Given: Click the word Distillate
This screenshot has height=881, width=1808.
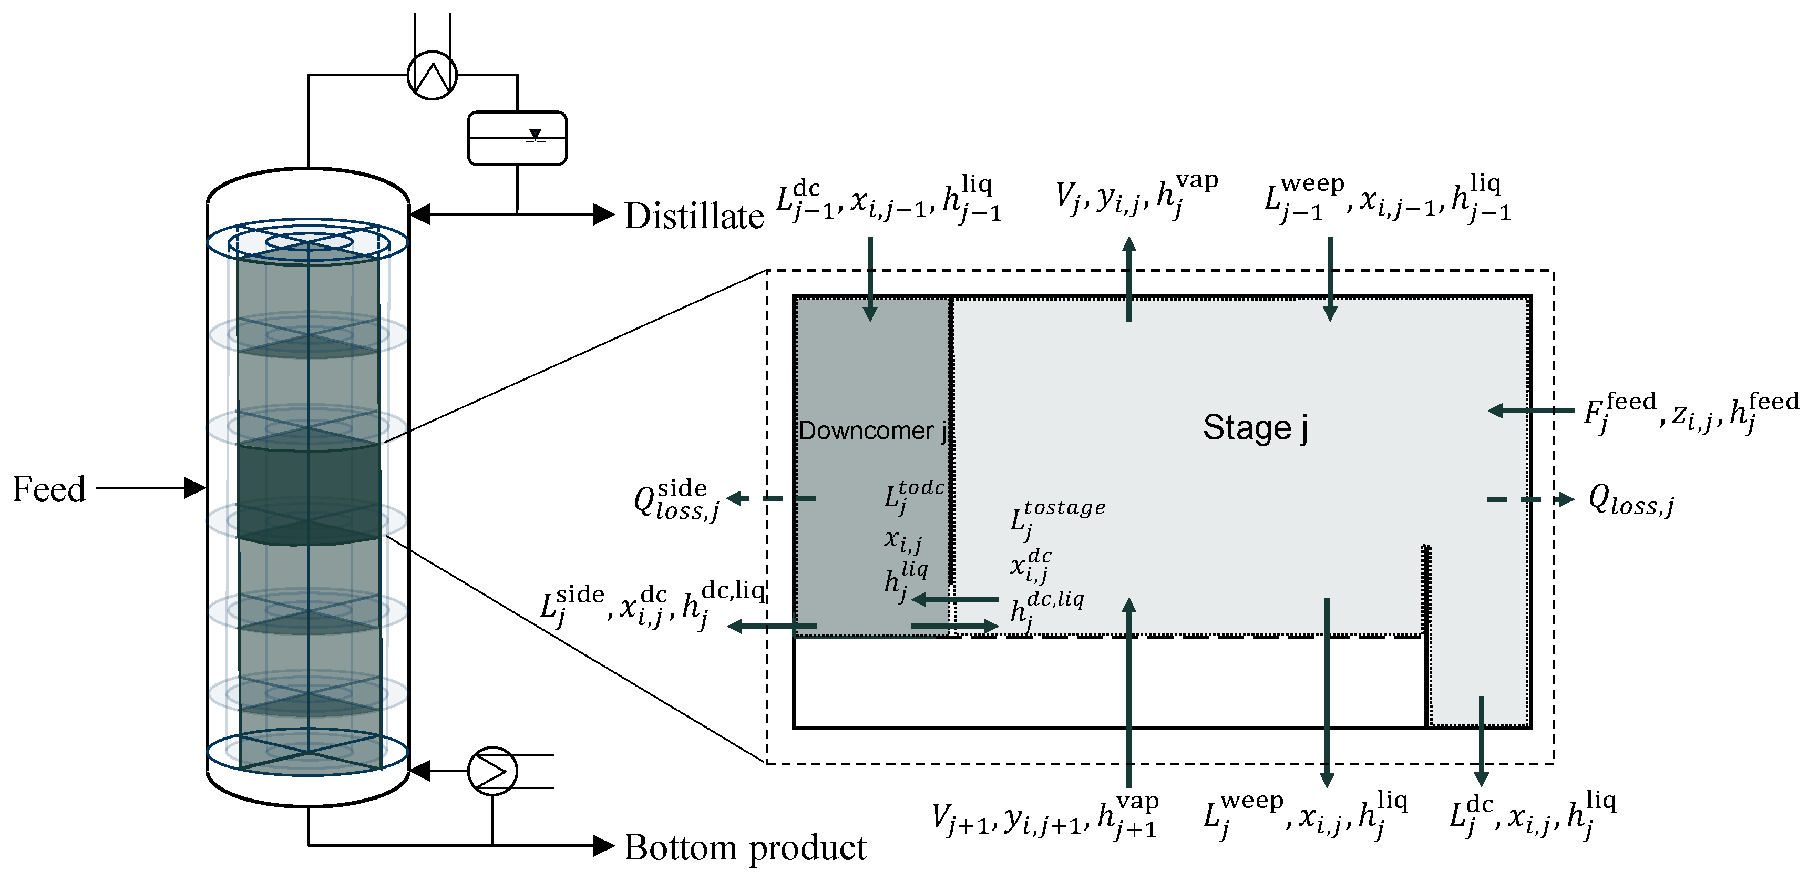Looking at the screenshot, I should coord(693,216).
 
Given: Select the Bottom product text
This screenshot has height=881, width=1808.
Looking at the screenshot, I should coord(745,847).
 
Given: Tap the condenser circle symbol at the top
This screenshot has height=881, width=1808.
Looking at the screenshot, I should coord(433,75).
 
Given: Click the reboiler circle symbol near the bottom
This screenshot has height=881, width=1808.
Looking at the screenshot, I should coord(492,771).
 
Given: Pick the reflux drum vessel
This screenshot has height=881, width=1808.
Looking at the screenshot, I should coord(517,138).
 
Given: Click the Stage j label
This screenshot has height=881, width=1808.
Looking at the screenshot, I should coord(1255,427).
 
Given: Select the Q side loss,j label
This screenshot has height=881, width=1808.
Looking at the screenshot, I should coord(676,500).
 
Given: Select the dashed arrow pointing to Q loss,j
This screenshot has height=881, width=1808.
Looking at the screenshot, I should coord(1530,499).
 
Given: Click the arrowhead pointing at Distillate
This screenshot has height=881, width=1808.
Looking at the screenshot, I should coord(603,214).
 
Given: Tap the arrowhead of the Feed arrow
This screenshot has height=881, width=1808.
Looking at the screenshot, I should coord(194,487).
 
